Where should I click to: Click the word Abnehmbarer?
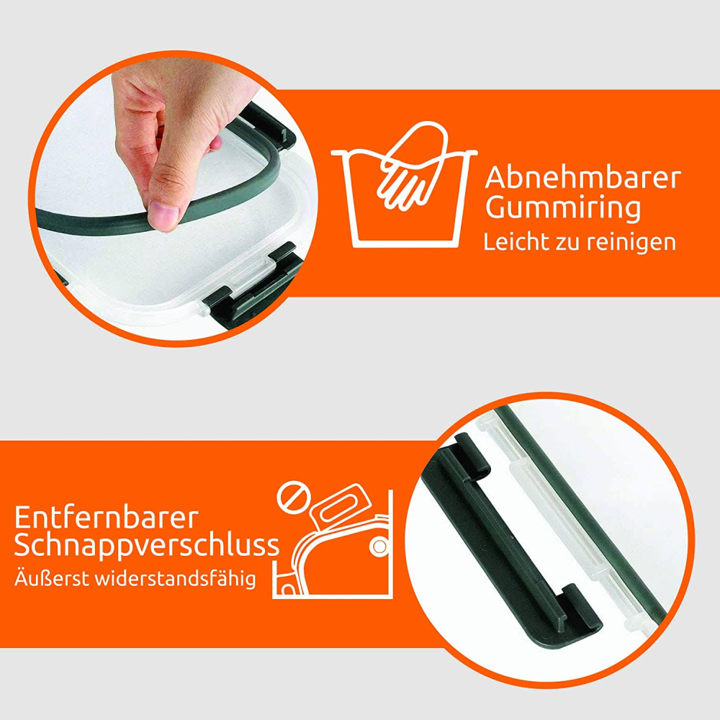pos(582,177)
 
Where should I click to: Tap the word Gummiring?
pos(563,209)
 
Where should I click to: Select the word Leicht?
pos(517,241)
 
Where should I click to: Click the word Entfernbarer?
pos(106,518)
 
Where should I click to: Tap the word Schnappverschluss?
pos(147,546)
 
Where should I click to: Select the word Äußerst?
pos(51,577)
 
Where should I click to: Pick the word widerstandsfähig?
pos(175,579)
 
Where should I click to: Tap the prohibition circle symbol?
pos(293,498)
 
